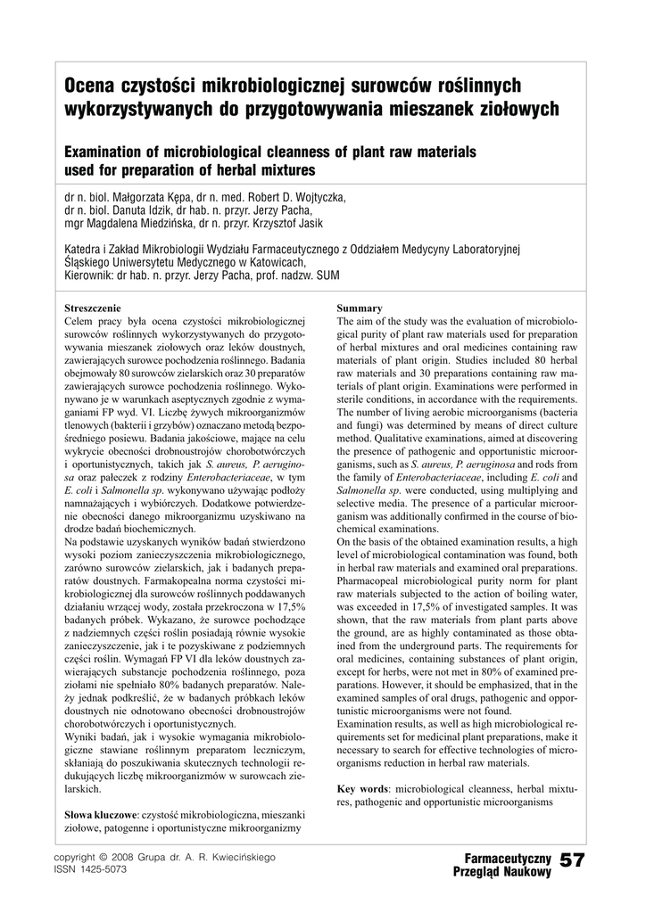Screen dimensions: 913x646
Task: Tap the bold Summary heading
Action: (x=360, y=308)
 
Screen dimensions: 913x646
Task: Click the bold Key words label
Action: (x=363, y=789)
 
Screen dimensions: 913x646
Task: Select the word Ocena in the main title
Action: (x=91, y=86)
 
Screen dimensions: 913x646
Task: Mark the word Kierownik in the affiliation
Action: (x=88, y=276)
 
